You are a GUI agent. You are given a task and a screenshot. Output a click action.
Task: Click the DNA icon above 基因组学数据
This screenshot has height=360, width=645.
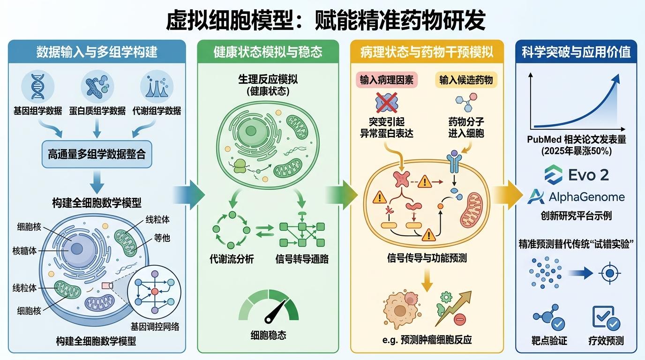37,87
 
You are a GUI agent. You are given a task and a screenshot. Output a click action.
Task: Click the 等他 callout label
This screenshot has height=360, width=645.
162,238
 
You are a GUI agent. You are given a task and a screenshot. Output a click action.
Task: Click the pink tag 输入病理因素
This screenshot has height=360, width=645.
386,80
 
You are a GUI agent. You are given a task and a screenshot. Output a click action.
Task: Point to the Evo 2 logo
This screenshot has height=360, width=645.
576,175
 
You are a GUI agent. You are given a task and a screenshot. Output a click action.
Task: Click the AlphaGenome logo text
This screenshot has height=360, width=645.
586,197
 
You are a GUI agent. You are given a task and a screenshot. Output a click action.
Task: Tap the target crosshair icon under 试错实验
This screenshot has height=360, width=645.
610,273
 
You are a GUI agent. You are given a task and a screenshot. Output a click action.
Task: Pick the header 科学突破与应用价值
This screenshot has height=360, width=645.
576,52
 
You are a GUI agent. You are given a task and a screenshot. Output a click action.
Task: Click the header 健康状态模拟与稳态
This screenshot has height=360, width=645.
268,52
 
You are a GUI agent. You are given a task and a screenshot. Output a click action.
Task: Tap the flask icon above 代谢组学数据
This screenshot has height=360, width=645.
157,87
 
